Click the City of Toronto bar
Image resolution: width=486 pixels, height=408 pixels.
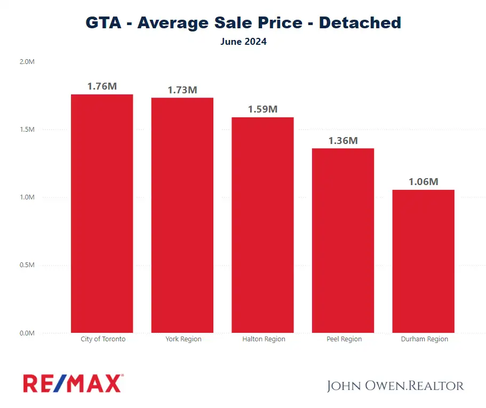[101, 213]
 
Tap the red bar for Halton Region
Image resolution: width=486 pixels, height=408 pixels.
[262, 225]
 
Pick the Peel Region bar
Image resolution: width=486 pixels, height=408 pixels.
[343, 240]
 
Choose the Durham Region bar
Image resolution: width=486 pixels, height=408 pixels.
[423, 261]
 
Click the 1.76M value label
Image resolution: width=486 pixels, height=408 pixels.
[101, 86]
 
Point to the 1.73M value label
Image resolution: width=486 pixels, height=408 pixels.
[182, 90]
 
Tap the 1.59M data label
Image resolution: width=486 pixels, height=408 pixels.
[262, 109]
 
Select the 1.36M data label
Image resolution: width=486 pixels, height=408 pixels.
[343, 141]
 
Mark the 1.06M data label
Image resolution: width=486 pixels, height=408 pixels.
[423, 182]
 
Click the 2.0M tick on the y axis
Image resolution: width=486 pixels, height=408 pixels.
[27, 62]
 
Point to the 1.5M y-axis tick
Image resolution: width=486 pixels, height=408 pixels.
[27, 130]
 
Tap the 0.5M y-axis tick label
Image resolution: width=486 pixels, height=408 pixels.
[27, 265]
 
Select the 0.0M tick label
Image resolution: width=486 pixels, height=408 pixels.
[27, 333]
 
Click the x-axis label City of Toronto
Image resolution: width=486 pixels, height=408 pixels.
[103, 339]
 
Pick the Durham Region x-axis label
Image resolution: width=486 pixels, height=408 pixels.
[425, 339]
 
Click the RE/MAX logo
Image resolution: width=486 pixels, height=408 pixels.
[73, 383]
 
